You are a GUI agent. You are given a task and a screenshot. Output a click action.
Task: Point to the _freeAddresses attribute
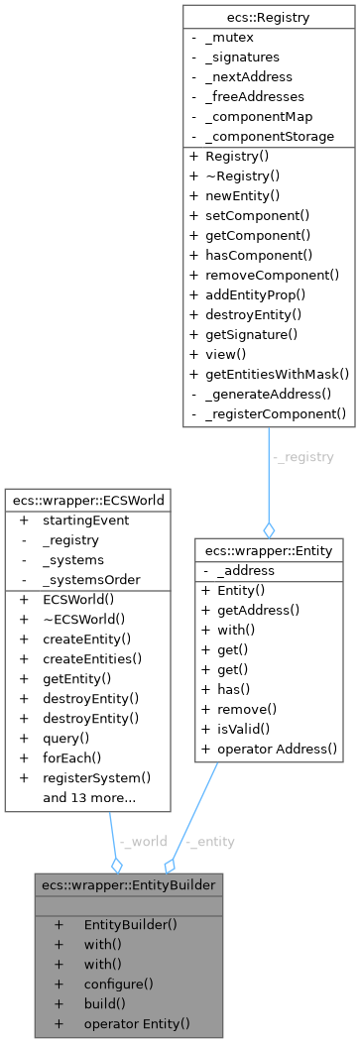point(254,96)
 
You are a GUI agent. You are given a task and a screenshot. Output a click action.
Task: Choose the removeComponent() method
point(272,275)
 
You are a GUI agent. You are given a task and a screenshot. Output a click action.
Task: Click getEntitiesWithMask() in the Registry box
point(277,373)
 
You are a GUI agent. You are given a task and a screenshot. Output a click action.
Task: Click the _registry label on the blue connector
point(302,458)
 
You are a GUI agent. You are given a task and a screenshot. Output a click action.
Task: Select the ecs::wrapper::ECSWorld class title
point(85,499)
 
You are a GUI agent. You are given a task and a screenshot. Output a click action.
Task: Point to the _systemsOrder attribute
point(90,579)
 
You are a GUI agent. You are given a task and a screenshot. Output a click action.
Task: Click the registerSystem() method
point(96,777)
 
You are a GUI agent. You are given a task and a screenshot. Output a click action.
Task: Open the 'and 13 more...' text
point(88,797)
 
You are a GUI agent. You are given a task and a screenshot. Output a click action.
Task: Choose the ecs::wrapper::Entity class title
point(269,549)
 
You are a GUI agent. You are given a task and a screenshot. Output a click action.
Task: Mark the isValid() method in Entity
point(234,729)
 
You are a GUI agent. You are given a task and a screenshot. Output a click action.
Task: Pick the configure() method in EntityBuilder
point(118,984)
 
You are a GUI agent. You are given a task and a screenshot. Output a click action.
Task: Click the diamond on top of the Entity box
point(269,530)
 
